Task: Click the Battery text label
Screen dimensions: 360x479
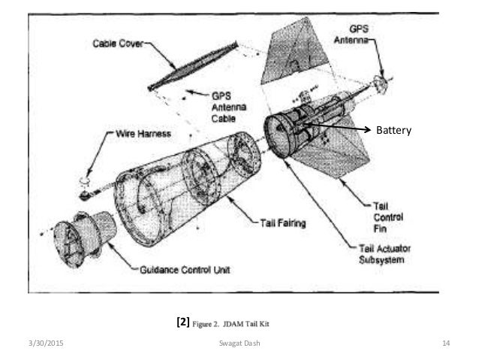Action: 394,130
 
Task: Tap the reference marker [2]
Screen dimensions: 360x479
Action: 181,324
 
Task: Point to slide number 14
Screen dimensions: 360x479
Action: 445,343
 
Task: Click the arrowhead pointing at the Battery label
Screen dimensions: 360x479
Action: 368,130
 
